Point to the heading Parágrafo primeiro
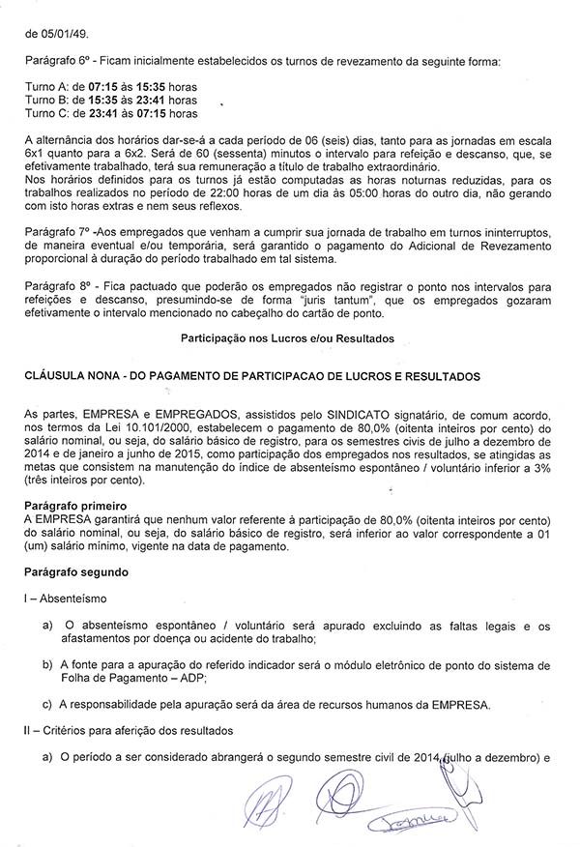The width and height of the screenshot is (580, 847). click(x=80, y=506)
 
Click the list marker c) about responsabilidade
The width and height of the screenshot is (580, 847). click(x=47, y=704)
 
